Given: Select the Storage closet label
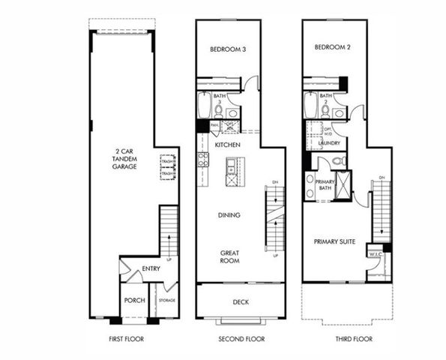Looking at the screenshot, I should tap(166, 300).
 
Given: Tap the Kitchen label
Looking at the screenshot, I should tap(227, 144).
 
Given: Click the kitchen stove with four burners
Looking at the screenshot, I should tap(202, 159).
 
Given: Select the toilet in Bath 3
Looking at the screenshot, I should tap(219, 109).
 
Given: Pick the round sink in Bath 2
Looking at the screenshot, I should tap(339, 113).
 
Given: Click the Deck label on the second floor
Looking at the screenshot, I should tap(241, 302).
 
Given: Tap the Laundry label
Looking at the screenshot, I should tap(331, 142).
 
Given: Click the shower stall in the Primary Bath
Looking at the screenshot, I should tap(343, 186).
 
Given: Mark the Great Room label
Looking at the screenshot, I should tap(229, 256).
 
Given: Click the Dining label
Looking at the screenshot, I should tap(229, 215).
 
